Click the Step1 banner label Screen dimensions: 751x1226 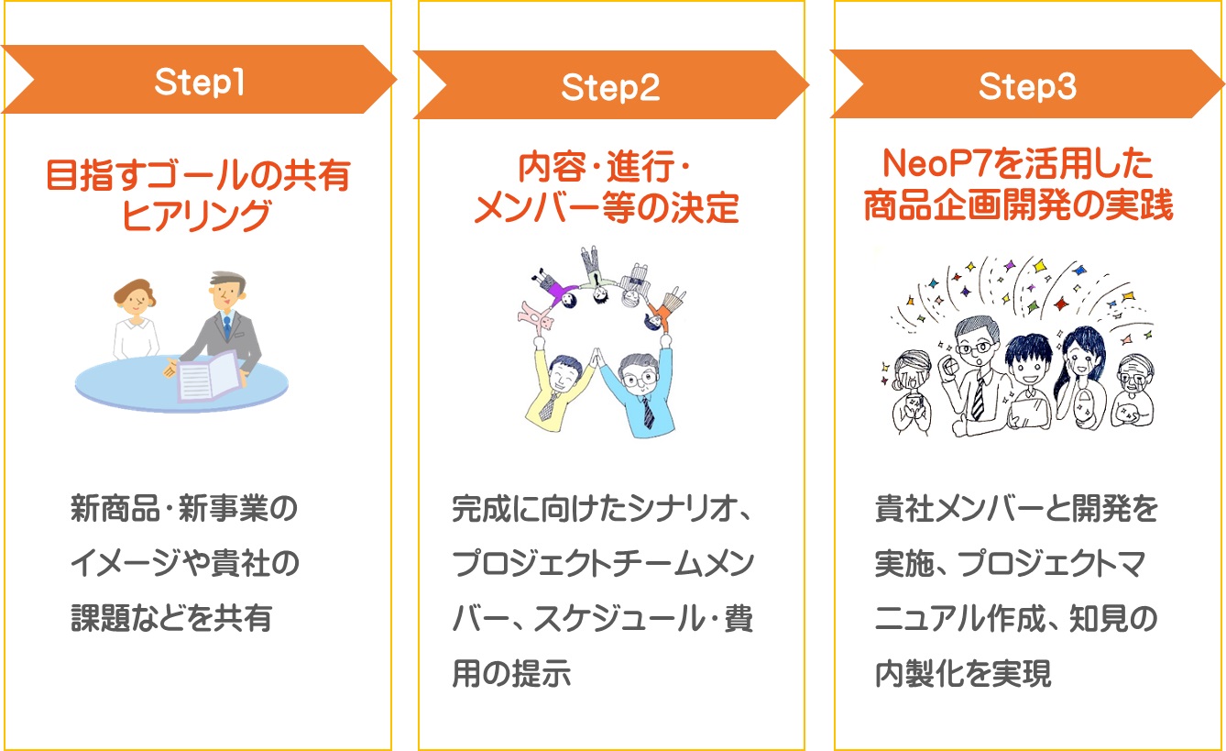(199, 83)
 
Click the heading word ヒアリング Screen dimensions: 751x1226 (197, 217)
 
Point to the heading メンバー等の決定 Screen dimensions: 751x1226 (606, 209)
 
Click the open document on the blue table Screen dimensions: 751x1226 (212, 377)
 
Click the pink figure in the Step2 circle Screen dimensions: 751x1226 (538, 315)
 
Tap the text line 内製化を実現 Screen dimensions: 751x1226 (963, 674)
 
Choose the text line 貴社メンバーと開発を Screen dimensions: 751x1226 (1016, 510)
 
